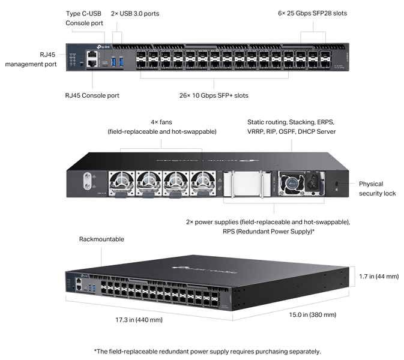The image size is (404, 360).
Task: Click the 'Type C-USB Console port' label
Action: pos(84,18)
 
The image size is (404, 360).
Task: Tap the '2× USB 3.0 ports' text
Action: pos(135,13)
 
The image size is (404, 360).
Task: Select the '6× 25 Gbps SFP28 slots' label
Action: pos(312,13)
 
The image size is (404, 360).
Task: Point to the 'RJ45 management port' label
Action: pos(31,59)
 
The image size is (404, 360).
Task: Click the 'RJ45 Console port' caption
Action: pos(92,95)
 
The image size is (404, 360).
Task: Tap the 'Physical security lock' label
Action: pos(377,188)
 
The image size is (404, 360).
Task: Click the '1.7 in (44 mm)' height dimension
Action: pos(378,277)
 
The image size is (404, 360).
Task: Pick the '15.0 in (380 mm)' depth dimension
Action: pos(313,314)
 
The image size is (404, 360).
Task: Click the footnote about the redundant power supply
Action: pos(207,351)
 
